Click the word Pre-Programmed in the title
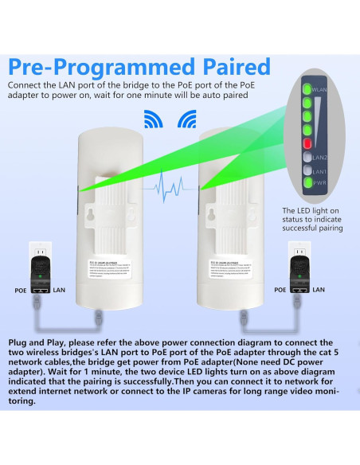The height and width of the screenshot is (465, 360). (x=108, y=65)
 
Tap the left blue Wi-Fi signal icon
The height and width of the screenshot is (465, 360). (x=153, y=120)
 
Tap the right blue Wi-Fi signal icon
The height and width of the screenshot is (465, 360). (x=187, y=120)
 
